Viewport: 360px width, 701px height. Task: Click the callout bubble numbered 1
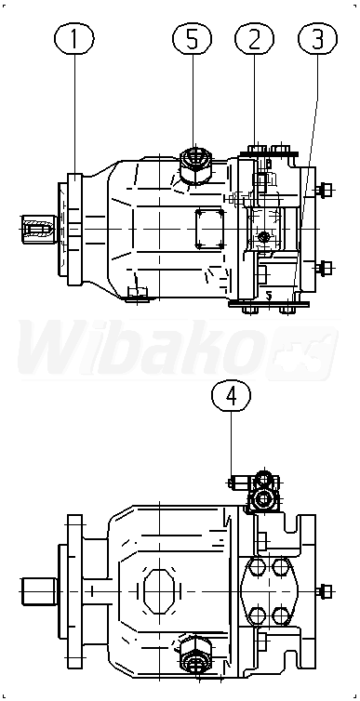(x=73, y=39)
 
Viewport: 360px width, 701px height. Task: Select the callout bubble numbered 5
(x=192, y=39)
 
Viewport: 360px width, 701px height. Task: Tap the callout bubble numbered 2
(x=254, y=39)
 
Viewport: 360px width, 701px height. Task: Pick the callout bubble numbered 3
(x=317, y=39)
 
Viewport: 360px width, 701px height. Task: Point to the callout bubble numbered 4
(x=232, y=396)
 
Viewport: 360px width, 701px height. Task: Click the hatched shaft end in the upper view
(x=38, y=229)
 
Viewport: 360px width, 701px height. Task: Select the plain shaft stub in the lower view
(x=39, y=591)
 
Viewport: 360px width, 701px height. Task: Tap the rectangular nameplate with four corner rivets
(x=209, y=229)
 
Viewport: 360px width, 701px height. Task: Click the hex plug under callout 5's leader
(x=194, y=167)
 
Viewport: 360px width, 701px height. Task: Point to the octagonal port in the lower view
(x=159, y=591)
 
